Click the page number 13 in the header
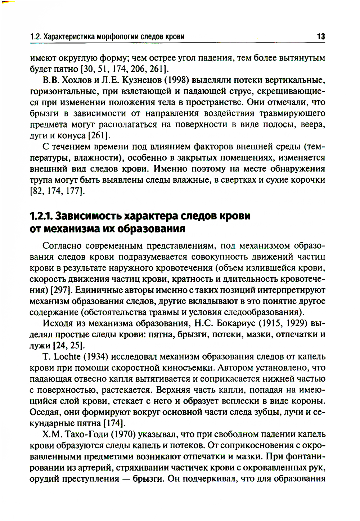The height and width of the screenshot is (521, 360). pos(320,36)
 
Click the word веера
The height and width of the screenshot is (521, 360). pos(314,125)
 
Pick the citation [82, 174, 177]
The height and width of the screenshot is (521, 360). pos(57,191)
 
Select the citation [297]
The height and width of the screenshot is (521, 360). pos(62,290)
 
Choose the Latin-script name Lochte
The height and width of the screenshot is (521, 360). pos(67,357)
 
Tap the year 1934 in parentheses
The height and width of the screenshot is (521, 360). pos(96,357)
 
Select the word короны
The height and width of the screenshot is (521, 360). pos(310,401)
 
